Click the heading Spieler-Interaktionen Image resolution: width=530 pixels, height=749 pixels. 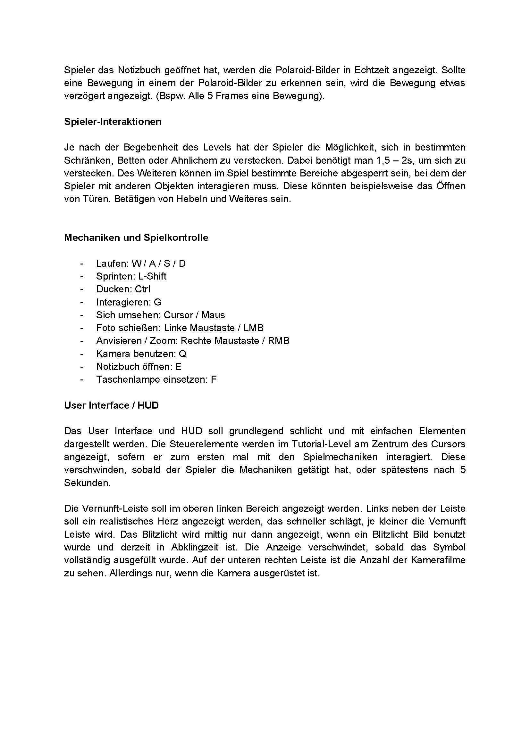click(113, 122)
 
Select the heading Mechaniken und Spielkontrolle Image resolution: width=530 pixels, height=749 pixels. click(136, 238)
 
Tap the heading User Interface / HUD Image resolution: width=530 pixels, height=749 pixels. click(111, 405)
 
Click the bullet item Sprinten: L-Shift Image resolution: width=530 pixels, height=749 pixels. click(131, 276)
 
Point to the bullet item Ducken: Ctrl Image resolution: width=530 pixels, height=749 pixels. click(123, 289)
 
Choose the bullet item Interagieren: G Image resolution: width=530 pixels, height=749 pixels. click(129, 302)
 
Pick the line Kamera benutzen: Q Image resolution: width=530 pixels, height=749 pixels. click(141, 354)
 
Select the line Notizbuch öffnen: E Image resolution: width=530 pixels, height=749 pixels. click(139, 367)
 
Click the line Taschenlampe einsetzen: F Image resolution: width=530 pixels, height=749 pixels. click(156, 379)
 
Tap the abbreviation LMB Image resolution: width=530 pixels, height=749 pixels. click(253, 328)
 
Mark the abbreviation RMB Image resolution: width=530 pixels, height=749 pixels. click(279, 341)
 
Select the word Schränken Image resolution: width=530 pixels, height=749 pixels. click(87, 160)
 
